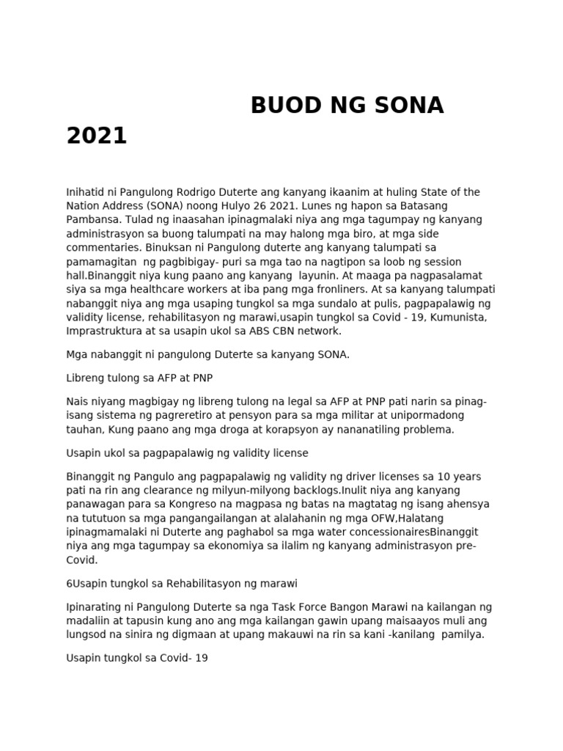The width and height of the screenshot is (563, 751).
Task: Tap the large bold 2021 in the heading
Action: [x=96, y=136]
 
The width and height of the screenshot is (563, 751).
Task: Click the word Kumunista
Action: [x=455, y=317]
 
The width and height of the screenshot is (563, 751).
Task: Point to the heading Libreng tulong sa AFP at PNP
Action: [x=139, y=378]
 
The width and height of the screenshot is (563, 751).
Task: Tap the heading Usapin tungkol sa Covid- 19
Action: [x=137, y=659]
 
